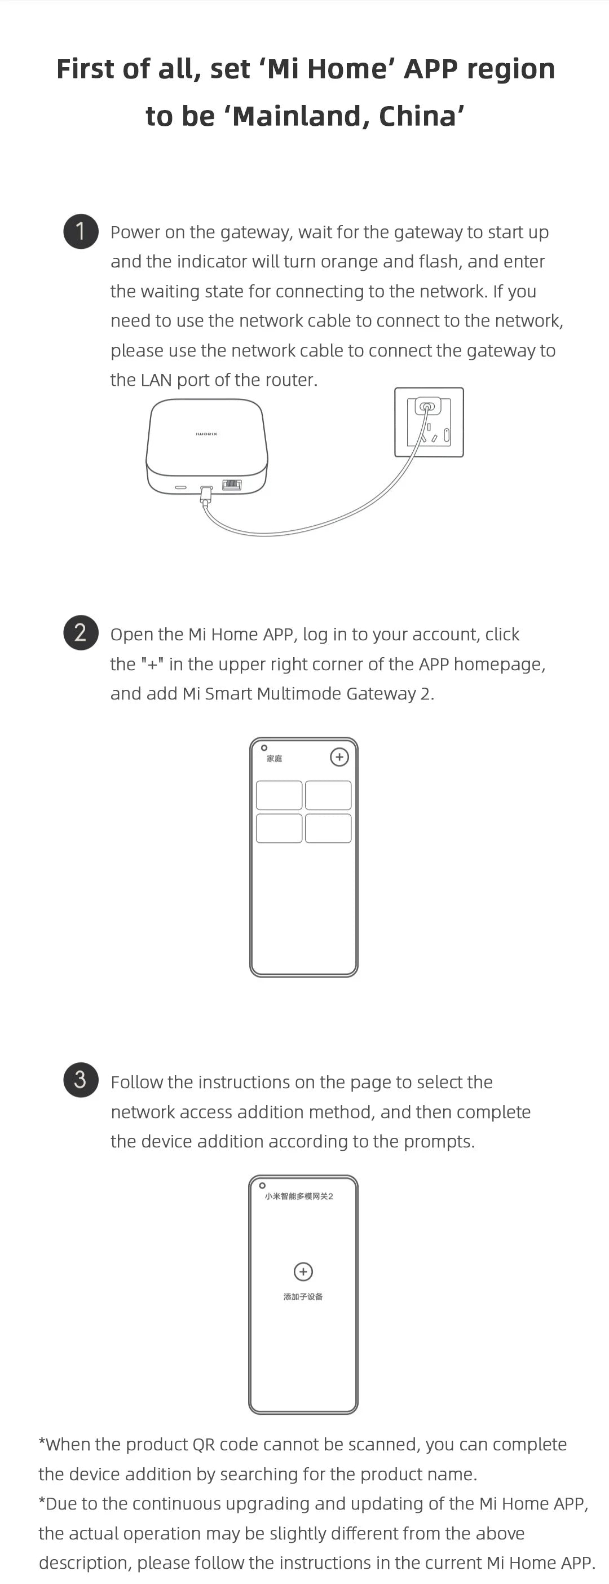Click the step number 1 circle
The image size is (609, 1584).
(81, 232)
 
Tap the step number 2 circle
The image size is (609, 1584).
(81, 632)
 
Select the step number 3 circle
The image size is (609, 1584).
(81, 1079)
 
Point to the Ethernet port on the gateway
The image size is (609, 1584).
(232, 485)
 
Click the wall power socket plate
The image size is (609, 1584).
(429, 423)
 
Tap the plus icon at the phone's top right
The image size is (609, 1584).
(339, 757)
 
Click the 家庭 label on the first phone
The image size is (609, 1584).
(274, 758)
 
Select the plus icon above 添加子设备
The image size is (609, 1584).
(303, 1271)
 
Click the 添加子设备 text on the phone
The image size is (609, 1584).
(303, 1296)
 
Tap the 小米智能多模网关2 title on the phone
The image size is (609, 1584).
(299, 1196)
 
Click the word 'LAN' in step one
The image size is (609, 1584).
(156, 380)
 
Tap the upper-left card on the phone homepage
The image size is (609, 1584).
(279, 795)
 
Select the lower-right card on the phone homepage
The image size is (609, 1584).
(328, 828)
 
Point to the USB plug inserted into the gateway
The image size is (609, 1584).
(206, 492)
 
